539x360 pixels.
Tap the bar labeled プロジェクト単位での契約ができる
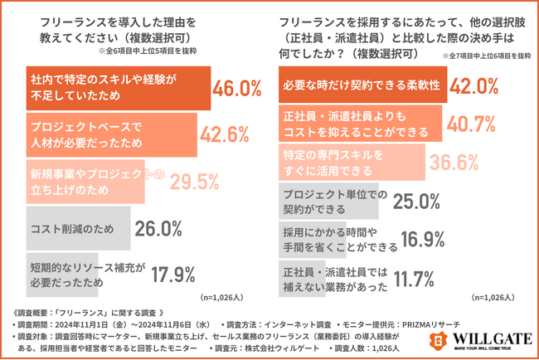coord(323,200)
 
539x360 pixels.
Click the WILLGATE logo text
coord(489,336)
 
